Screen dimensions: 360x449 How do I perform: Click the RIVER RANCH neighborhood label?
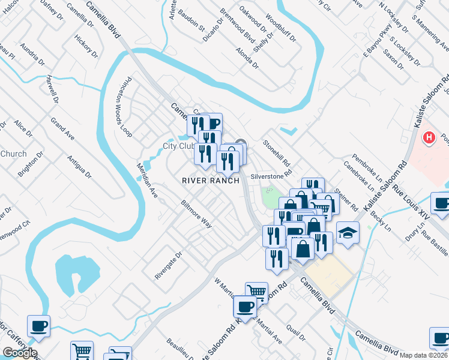pos(211,181)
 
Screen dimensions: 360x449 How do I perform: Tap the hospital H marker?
pos(429,138)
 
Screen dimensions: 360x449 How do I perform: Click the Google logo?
pos(20,353)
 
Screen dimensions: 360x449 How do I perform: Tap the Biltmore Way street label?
pos(197,214)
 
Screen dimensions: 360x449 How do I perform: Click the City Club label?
pos(178,146)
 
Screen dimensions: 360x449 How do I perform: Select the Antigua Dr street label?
pos(79,166)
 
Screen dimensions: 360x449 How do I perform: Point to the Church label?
pos(13,154)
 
